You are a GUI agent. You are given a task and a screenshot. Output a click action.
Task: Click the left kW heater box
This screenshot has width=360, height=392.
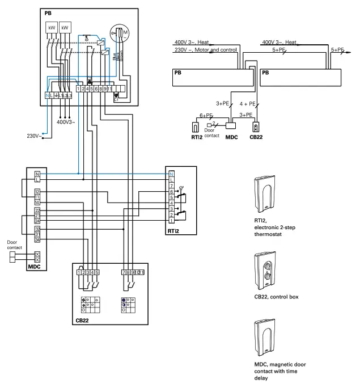[50, 27]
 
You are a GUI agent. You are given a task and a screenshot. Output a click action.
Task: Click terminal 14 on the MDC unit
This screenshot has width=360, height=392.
[37, 202]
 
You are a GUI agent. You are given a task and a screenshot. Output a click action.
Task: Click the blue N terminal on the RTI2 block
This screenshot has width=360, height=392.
[171, 173]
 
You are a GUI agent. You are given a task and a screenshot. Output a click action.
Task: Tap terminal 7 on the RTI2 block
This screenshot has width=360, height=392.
[171, 186]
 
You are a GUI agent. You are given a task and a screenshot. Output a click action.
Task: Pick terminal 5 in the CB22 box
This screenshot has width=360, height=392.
[98, 272]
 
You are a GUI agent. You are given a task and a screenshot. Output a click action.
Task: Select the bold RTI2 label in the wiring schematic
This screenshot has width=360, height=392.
[173, 231]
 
